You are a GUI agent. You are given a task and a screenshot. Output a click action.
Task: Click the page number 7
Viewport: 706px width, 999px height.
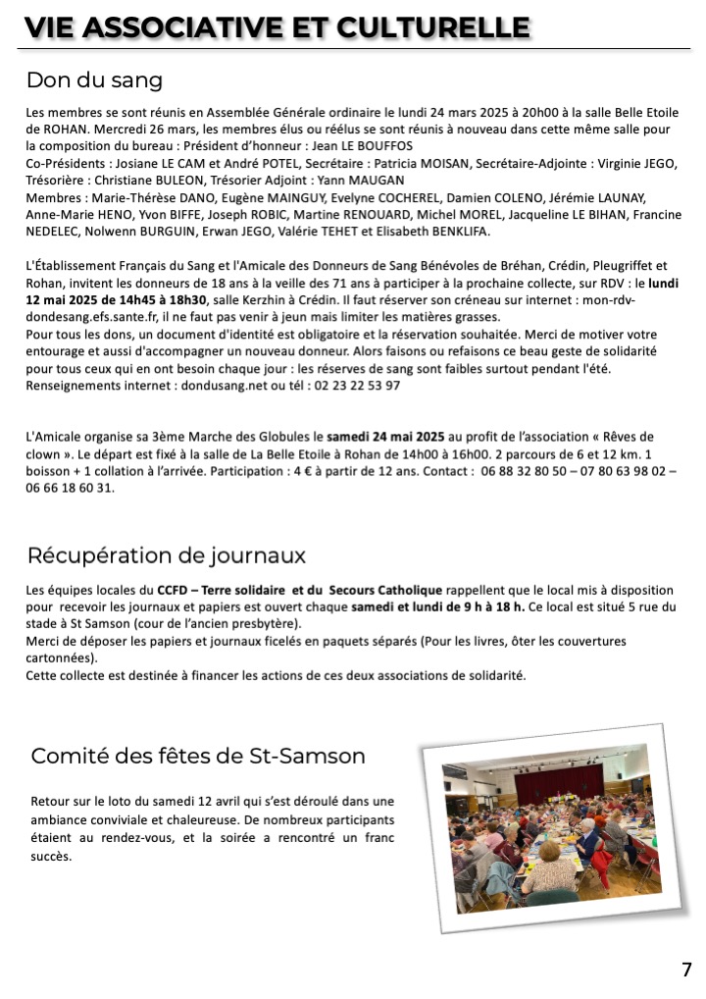686,970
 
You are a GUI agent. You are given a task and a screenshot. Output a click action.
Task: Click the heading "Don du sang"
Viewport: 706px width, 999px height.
94,79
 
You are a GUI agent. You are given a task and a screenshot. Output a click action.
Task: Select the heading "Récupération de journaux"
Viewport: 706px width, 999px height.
166,555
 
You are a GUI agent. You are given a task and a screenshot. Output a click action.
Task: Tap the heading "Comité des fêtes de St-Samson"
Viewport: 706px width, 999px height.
198,756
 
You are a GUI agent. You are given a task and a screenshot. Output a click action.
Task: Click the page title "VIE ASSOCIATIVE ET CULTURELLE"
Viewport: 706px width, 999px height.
277,28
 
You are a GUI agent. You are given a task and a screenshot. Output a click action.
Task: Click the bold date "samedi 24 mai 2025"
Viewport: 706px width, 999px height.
386,436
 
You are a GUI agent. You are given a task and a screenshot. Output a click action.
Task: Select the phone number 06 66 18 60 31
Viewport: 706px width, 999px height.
71,487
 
